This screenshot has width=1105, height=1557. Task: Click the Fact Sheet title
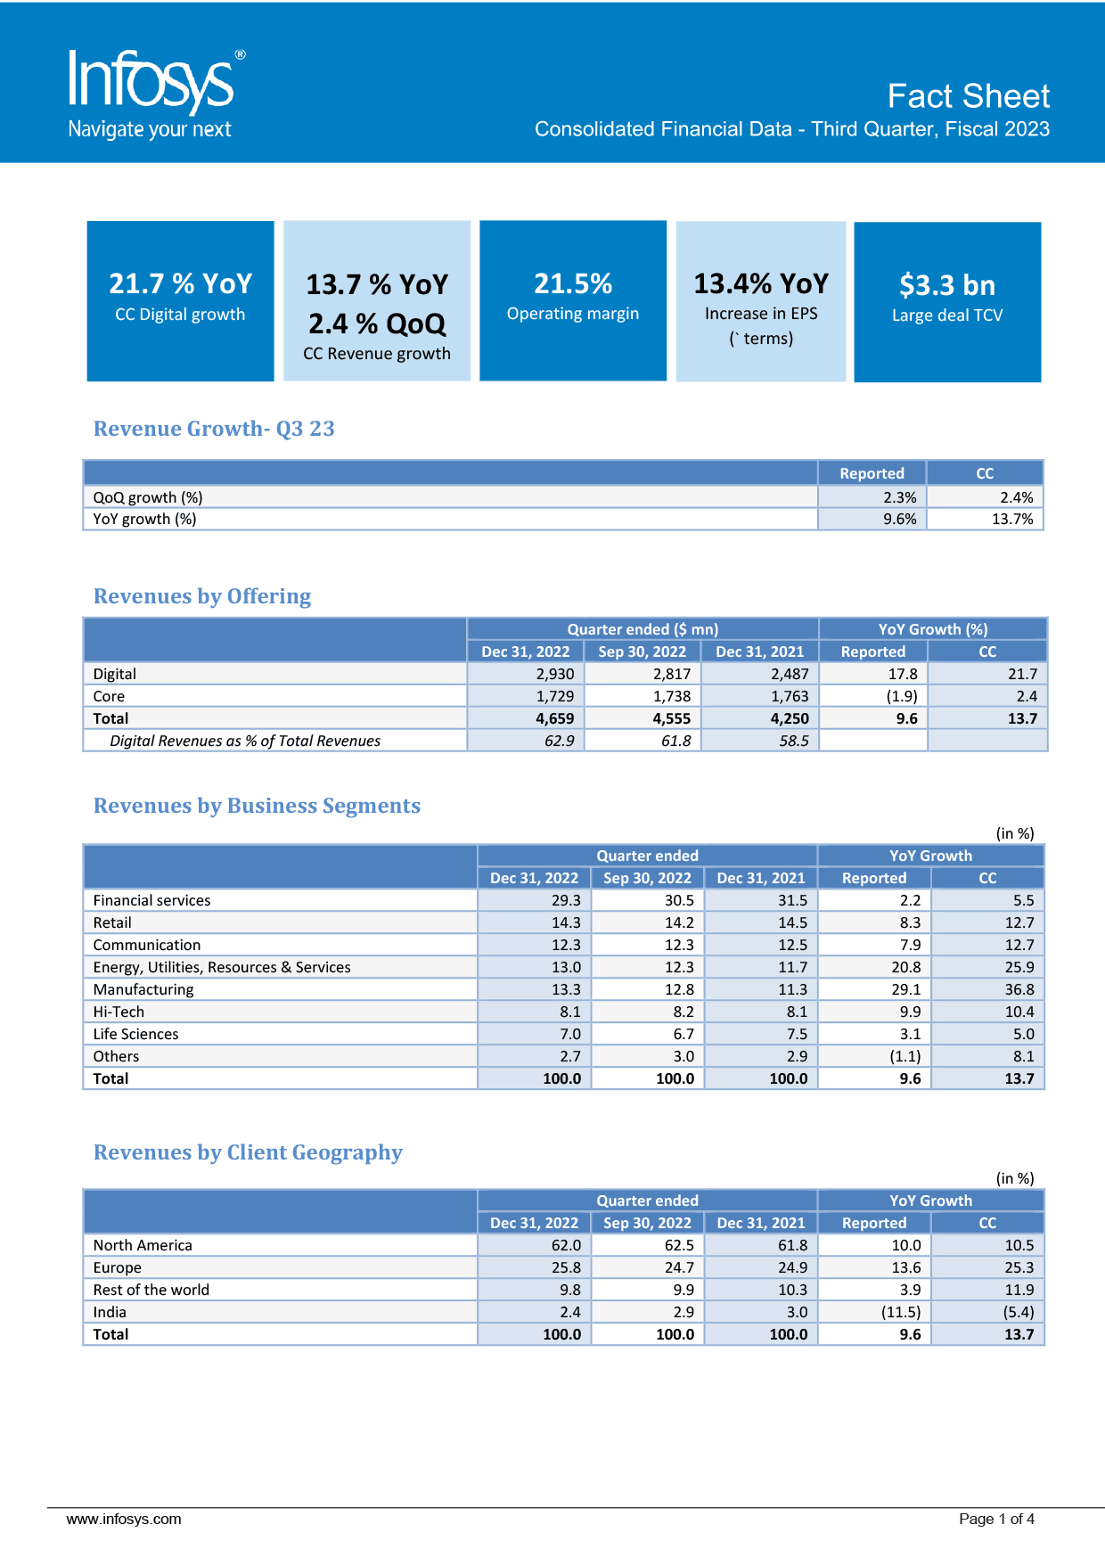pyautogui.click(x=969, y=96)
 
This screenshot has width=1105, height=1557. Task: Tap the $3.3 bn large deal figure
pyautogui.click(x=947, y=285)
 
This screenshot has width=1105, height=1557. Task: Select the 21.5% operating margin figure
pyautogui.click(x=573, y=283)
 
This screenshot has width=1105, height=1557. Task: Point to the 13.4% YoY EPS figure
pyautogui.click(x=761, y=283)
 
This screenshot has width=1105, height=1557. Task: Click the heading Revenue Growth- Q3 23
pyautogui.click(x=214, y=429)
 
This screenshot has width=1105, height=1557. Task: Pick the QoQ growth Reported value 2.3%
pyautogui.click(x=900, y=497)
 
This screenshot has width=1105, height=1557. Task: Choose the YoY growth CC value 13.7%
pyautogui.click(x=1012, y=519)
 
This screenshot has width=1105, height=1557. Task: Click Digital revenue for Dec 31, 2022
pyautogui.click(x=555, y=674)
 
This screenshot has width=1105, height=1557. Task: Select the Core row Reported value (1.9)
pyautogui.click(x=902, y=696)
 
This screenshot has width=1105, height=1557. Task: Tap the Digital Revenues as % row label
pyautogui.click(x=245, y=741)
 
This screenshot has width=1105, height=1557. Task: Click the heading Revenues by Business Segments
pyautogui.click(x=257, y=806)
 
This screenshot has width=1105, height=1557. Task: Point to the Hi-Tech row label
pyautogui.click(x=119, y=1012)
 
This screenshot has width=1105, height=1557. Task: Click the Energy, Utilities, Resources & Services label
pyautogui.click(x=222, y=967)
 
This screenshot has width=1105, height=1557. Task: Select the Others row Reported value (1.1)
pyautogui.click(x=905, y=1056)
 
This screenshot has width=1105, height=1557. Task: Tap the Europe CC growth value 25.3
pyautogui.click(x=1019, y=1267)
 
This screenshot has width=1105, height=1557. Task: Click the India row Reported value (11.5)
pyautogui.click(x=901, y=1312)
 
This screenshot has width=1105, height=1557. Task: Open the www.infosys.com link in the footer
pyautogui.click(x=124, y=1519)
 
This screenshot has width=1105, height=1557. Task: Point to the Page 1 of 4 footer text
pyautogui.click(x=996, y=1519)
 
